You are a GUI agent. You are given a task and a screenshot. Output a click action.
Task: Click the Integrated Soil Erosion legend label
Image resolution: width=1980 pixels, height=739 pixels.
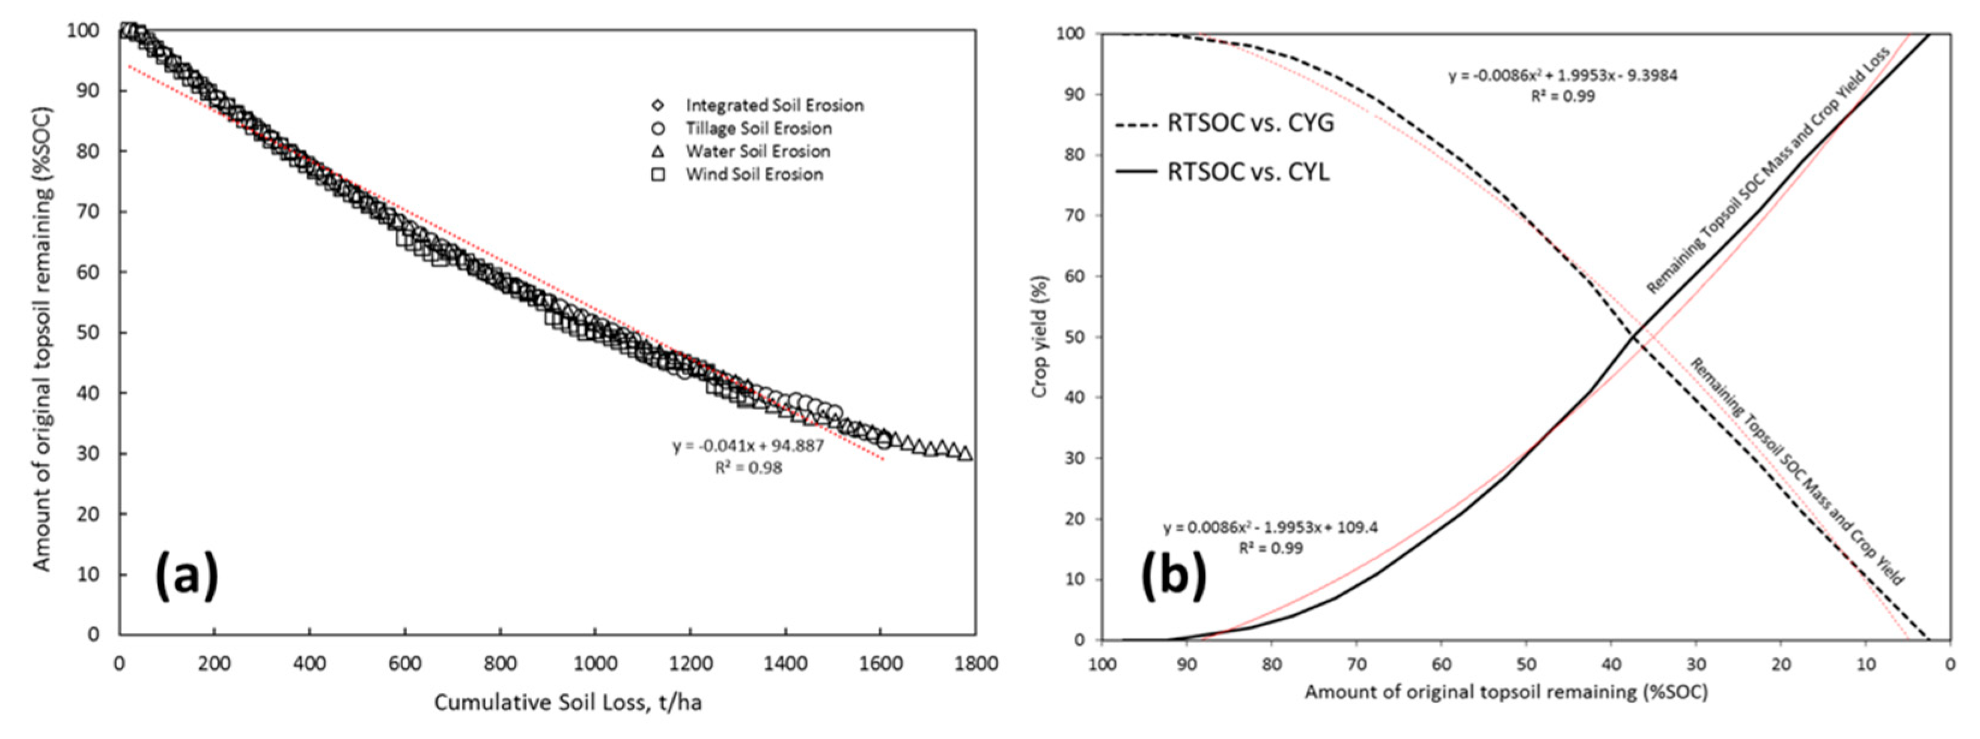774,105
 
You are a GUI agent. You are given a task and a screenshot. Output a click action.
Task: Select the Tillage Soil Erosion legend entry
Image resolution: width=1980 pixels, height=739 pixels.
758,128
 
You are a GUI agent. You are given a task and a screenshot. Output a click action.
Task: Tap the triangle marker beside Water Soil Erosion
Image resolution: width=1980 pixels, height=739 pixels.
658,151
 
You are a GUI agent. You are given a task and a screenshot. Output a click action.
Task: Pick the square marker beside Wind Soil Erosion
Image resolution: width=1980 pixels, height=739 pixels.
658,174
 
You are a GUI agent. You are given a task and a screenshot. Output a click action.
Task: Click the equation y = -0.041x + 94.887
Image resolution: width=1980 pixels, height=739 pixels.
748,446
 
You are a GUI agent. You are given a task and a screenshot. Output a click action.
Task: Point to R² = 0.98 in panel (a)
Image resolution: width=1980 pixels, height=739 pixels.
748,467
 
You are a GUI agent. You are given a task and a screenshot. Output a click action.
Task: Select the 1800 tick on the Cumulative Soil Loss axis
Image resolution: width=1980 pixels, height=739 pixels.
975,663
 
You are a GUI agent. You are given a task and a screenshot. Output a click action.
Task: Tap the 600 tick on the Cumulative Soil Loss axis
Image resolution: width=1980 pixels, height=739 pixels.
404,663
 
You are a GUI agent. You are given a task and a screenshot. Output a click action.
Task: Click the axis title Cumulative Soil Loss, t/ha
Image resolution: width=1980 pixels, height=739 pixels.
567,702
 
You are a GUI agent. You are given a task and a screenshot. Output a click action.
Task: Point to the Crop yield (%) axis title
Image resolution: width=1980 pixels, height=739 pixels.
1040,336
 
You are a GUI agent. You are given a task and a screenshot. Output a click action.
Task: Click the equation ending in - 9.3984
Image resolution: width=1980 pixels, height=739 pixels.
1562,75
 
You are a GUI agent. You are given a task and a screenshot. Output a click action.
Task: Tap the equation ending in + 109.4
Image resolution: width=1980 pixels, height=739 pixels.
1270,528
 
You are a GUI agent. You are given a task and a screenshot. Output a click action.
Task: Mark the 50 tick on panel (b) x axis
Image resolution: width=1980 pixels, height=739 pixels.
1526,663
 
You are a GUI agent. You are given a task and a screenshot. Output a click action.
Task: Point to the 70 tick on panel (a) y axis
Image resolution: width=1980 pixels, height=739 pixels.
89,211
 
